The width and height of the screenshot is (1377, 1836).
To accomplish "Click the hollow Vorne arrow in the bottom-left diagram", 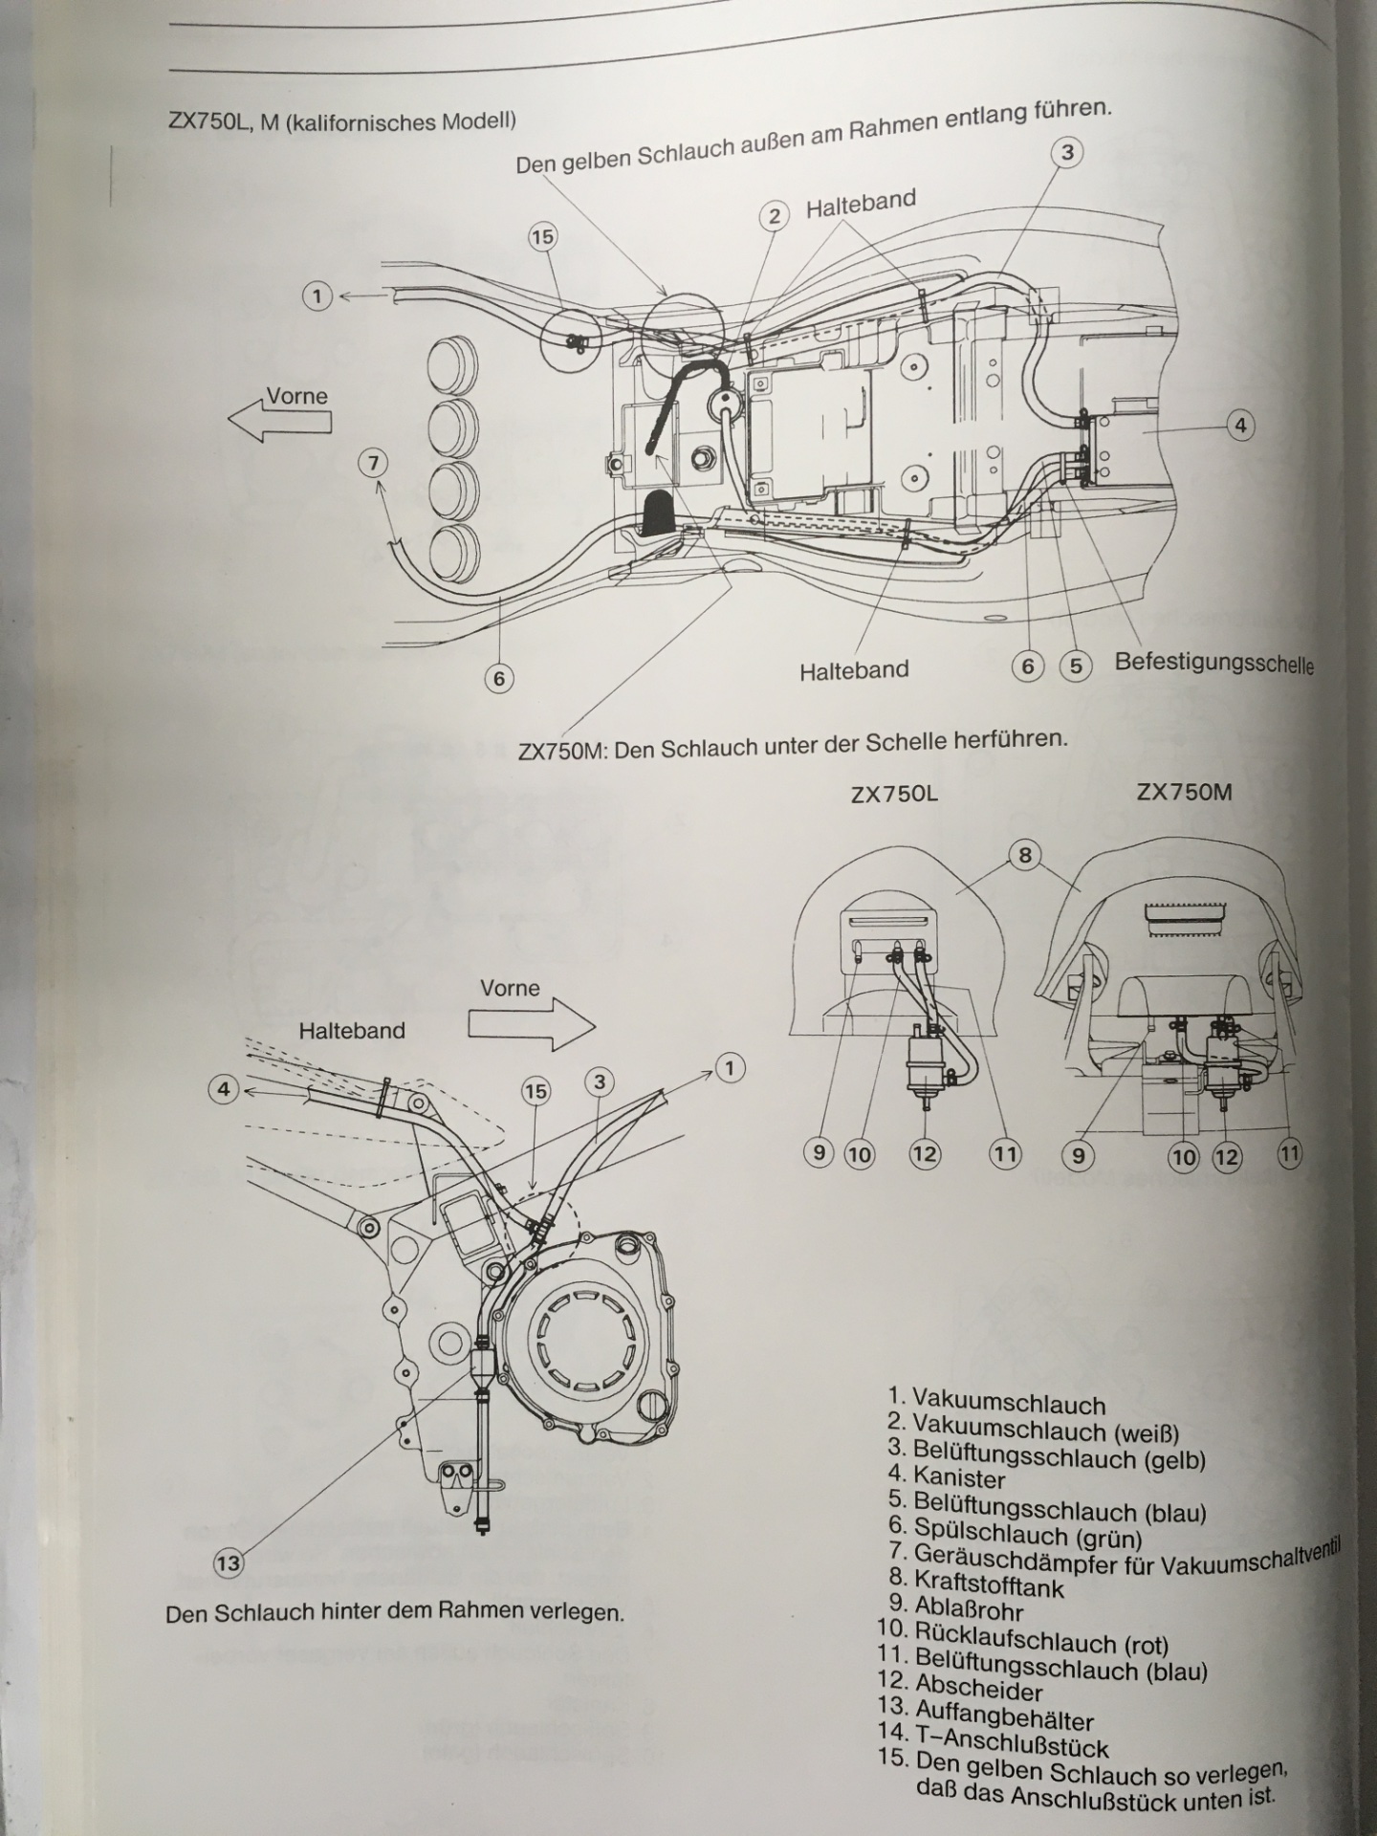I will pyautogui.click(x=532, y=1026).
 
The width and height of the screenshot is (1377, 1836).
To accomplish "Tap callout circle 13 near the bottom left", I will pyautogui.click(x=228, y=1564).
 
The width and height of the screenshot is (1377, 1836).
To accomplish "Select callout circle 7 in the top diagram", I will pyautogui.click(x=374, y=464).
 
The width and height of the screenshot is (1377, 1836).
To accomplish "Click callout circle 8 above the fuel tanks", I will pyautogui.click(x=1025, y=855).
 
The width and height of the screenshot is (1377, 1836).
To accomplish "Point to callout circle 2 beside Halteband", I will pyautogui.click(x=775, y=216).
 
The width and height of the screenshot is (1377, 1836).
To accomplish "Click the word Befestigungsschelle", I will pyautogui.click(x=1213, y=663).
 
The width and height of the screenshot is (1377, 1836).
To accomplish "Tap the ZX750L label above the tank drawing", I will pyautogui.click(x=894, y=795).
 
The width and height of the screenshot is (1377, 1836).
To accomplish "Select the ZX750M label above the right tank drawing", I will pyautogui.click(x=1184, y=792).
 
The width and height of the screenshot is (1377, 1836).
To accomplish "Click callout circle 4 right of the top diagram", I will pyautogui.click(x=1240, y=425).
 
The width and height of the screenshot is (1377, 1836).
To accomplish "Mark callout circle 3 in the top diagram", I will pyautogui.click(x=1067, y=152).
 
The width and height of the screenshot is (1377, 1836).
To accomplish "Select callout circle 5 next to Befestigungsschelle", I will pyautogui.click(x=1075, y=667).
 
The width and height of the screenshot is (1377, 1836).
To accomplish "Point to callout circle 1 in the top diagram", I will pyautogui.click(x=317, y=295).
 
